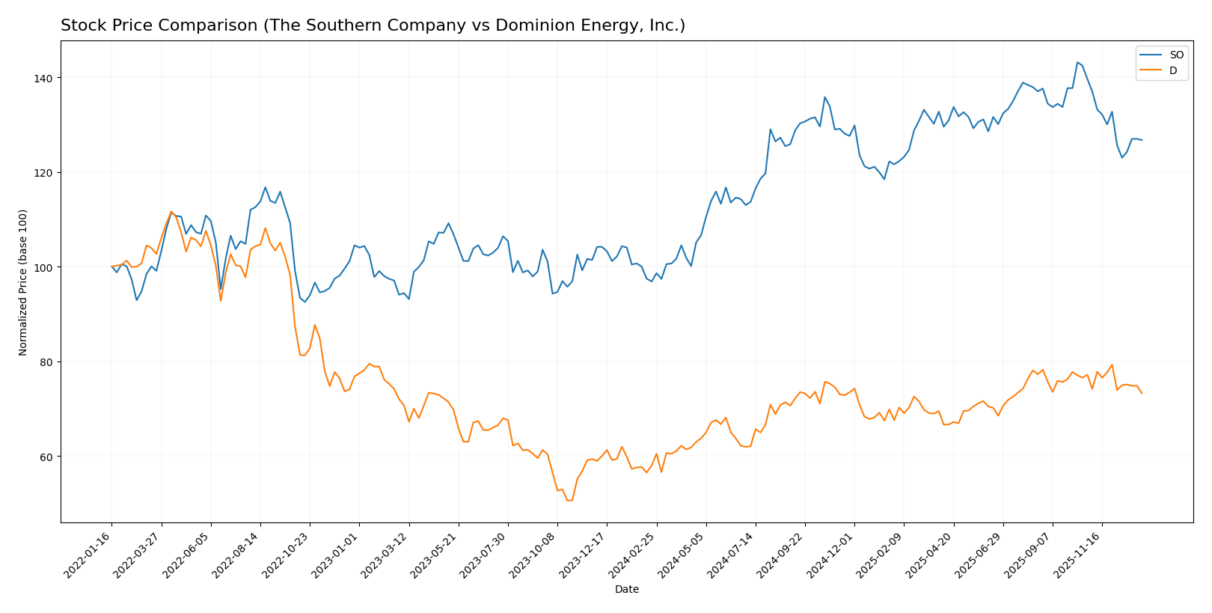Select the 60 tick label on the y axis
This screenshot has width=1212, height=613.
pos(46,457)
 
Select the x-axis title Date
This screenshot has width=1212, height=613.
pos(626,590)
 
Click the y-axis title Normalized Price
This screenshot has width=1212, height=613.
pos(23,282)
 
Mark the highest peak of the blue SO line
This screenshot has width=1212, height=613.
pos(1077,62)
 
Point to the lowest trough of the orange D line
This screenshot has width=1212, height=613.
pos(569,500)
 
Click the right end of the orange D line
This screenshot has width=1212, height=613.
pos(1142,393)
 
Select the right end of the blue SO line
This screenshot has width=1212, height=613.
pos(1142,140)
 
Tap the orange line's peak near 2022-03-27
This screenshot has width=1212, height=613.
pos(171,212)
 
